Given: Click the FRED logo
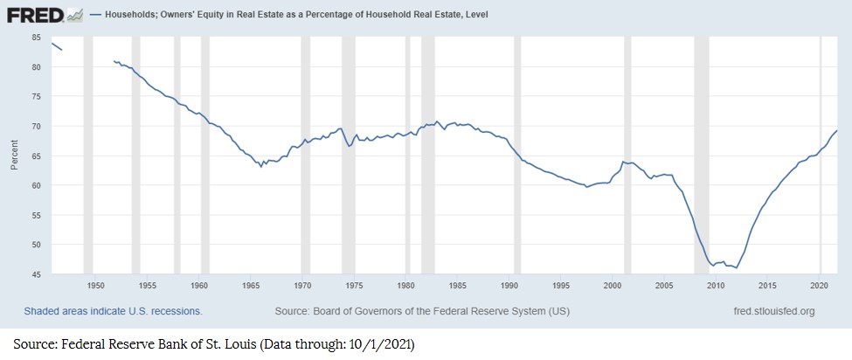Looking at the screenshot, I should coord(35,15).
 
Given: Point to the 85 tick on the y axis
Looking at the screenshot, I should coord(36,38).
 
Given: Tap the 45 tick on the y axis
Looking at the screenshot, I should coord(36,274).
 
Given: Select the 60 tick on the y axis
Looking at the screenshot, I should coord(36,185).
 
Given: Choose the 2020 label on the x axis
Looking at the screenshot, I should coord(819,286).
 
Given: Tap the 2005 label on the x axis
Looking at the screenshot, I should coord(664,286).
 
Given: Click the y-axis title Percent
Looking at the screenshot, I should coord(15,156).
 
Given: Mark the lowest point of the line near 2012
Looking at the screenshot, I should coord(737,267).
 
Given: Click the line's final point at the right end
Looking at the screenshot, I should coord(837,131).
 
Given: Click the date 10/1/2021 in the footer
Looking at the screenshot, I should coord(379,342).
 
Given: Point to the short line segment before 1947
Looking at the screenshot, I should coord(56,46).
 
